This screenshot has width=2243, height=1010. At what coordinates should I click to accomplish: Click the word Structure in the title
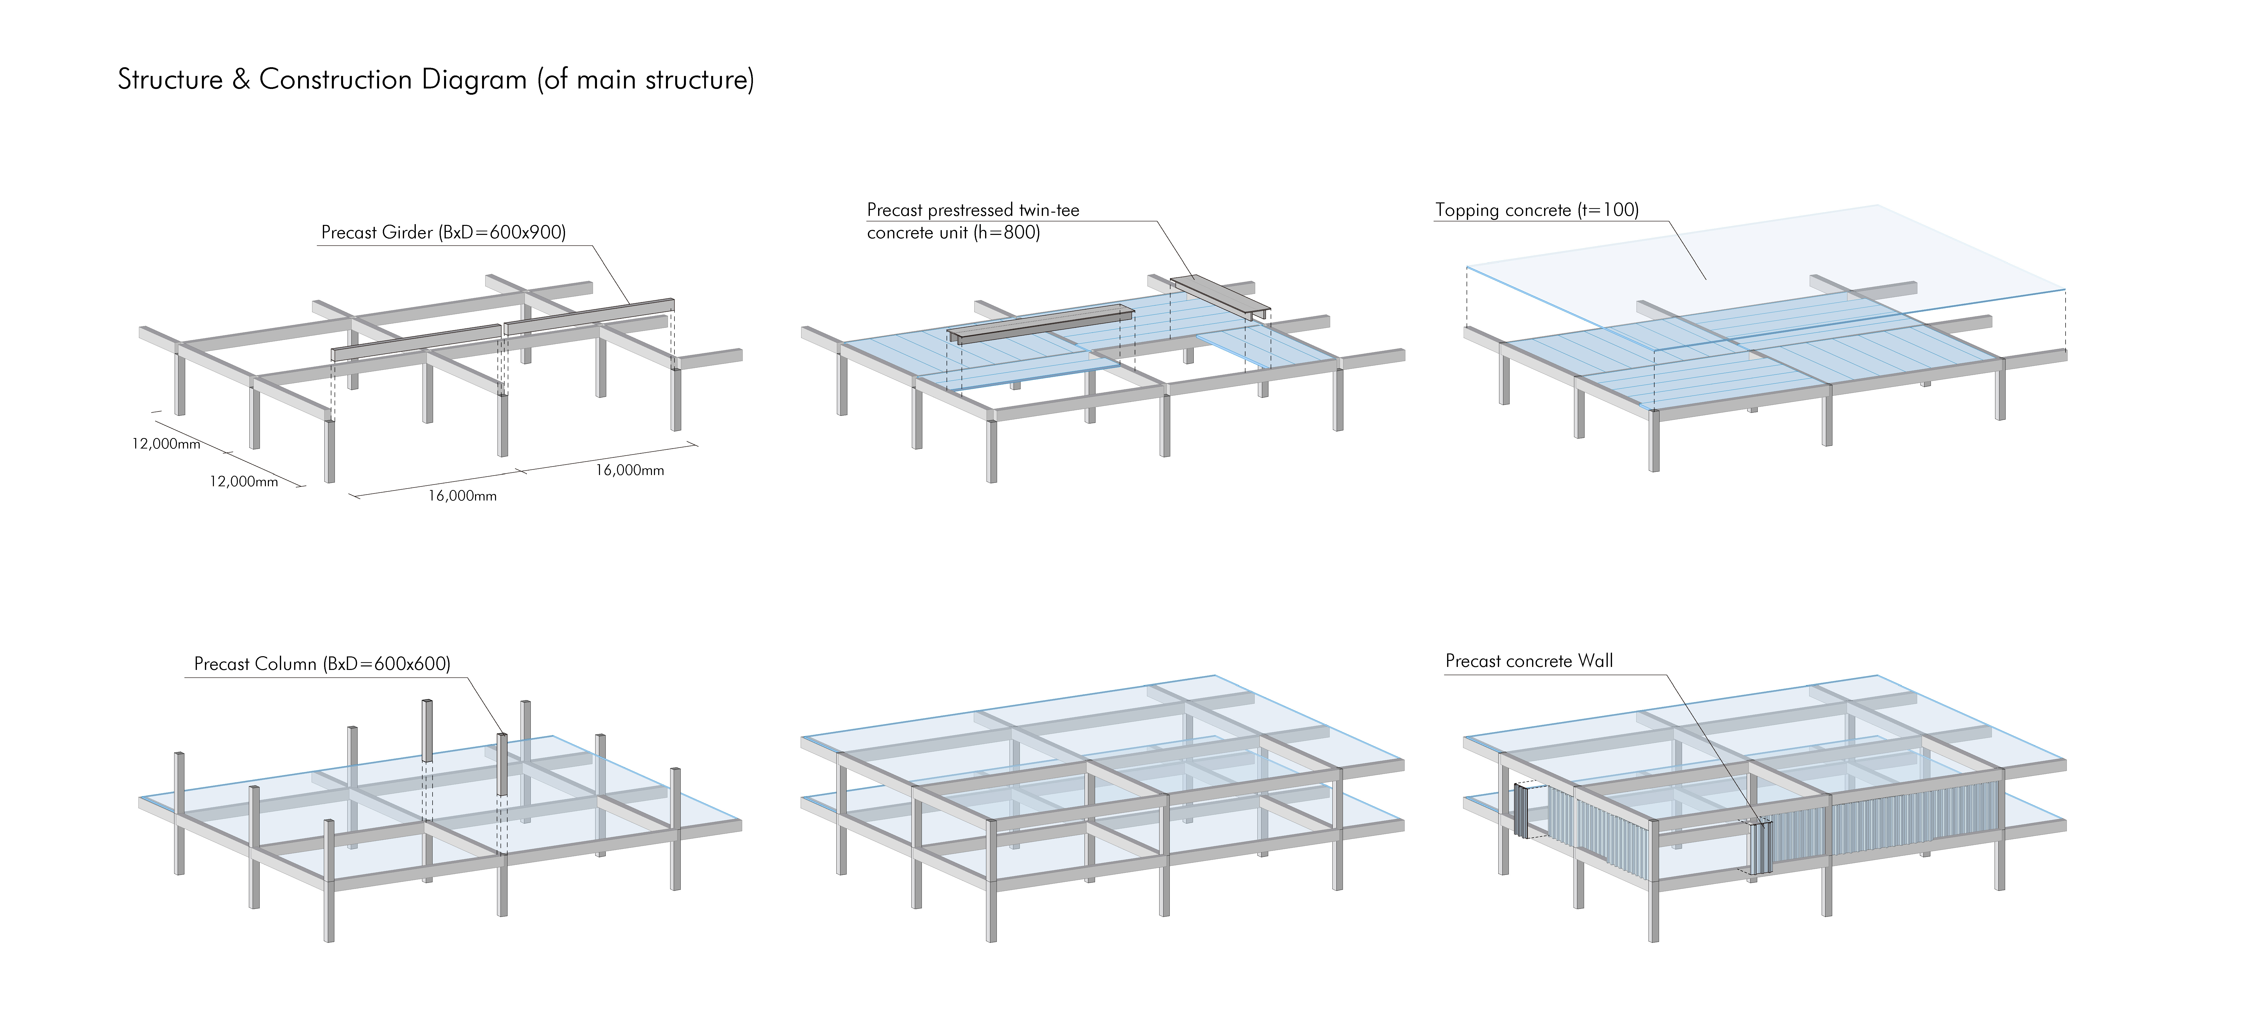(x=170, y=80)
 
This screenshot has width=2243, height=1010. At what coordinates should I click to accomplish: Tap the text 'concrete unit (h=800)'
(x=953, y=232)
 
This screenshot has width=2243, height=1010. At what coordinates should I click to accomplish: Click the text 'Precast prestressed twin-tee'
(x=973, y=210)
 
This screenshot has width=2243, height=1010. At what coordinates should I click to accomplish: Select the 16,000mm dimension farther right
(x=629, y=470)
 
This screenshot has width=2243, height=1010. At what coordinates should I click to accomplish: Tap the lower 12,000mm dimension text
(x=244, y=482)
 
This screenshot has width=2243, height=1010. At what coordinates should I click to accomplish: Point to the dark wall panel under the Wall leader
(x=1759, y=849)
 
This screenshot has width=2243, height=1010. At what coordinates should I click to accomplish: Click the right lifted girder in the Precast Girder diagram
(x=589, y=315)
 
